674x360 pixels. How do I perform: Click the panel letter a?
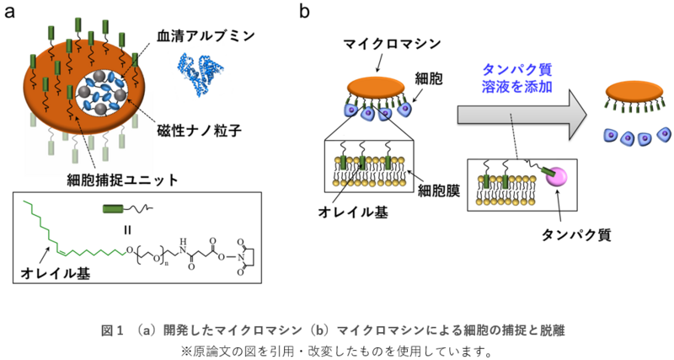12,11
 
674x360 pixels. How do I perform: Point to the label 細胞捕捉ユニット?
118,179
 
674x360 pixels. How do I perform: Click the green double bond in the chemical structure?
52,250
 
